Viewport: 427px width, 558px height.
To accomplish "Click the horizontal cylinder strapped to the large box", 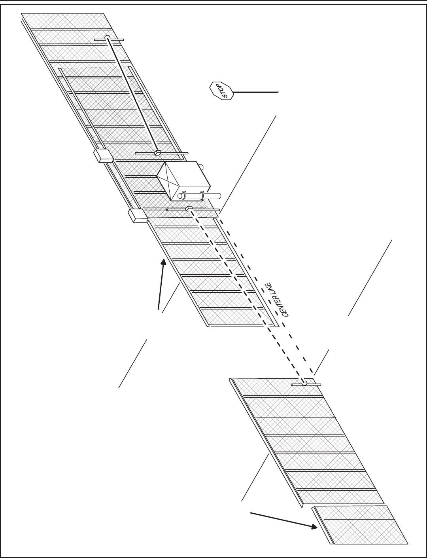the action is click(199, 195).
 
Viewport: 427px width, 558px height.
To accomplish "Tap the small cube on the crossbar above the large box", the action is click(157, 152).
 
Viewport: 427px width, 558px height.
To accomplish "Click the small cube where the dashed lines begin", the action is click(189, 208).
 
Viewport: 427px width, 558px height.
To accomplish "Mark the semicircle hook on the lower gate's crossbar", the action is click(304, 383).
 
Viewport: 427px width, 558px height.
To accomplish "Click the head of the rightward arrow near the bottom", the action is click(315, 527).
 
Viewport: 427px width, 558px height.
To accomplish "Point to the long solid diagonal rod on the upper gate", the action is click(132, 95).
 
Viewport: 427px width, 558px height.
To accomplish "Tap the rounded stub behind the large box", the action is click(200, 167).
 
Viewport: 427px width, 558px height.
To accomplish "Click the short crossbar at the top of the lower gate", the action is click(306, 384).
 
